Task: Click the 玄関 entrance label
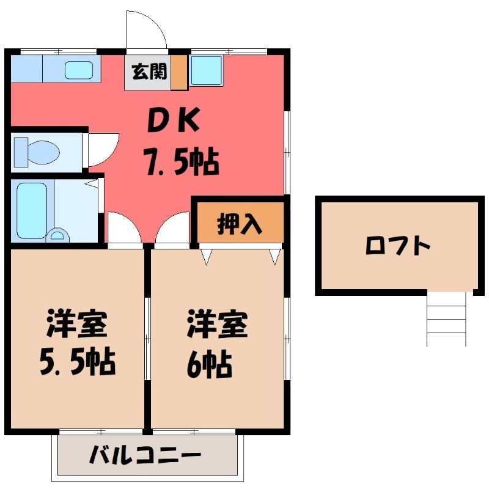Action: click(149, 72)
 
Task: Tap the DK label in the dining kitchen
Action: click(174, 120)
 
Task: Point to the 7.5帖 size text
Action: click(181, 162)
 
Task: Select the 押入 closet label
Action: click(240, 223)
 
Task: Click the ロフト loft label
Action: click(398, 246)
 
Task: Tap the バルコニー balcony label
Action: click(145, 455)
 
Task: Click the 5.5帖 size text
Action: click(78, 362)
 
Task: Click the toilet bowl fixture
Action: click(37, 152)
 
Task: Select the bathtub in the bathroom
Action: click(32, 211)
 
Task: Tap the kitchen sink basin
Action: click(79, 70)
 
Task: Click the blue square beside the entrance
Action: click(206, 70)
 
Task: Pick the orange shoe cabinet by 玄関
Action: click(178, 73)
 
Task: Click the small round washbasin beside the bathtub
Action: click(57, 235)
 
